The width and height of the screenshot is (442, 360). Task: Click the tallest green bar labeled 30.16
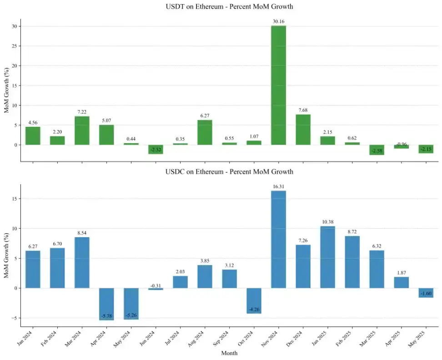(x=278, y=85)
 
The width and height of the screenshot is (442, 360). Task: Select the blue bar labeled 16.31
(x=278, y=239)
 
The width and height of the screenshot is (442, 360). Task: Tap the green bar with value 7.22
(x=82, y=130)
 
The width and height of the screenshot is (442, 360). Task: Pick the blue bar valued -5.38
(x=106, y=304)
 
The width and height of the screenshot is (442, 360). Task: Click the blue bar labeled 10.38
(x=327, y=257)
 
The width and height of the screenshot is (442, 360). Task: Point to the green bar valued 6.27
(x=205, y=132)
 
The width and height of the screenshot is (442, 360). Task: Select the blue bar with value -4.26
(x=254, y=300)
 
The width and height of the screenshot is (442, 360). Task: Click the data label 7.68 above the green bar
(x=303, y=110)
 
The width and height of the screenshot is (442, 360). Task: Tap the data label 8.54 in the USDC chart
(x=82, y=233)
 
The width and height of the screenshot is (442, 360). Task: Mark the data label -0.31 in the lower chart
(x=156, y=285)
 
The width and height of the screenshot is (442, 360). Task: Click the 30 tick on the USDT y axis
(x=15, y=26)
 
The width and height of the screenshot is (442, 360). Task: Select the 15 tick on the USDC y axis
(x=15, y=199)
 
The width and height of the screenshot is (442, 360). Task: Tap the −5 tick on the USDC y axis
(x=14, y=318)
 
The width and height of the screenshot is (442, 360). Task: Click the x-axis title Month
(x=229, y=353)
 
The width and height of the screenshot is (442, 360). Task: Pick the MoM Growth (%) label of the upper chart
(x=6, y=90)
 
